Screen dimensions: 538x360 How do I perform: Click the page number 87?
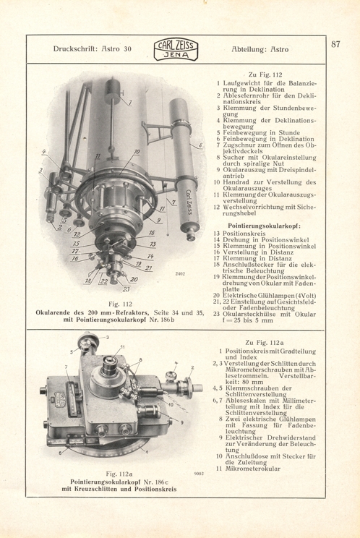pos(335,44)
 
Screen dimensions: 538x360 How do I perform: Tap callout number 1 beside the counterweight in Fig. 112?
pos(129,103)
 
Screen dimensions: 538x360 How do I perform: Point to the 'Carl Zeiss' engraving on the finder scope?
pos(189,202)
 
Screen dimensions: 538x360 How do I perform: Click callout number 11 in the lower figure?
pos(122,348)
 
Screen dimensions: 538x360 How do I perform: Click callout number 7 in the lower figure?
pos(67,367)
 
